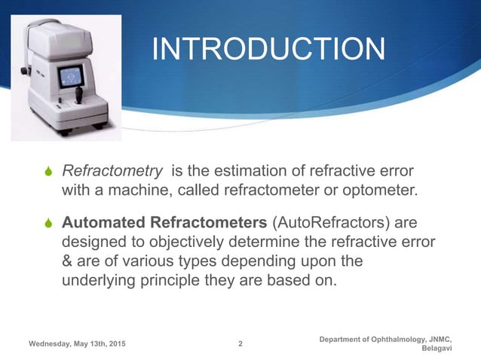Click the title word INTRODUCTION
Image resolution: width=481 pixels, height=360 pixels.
(x=268, y=50)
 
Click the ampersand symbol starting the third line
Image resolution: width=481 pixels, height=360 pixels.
(x=66, y=261)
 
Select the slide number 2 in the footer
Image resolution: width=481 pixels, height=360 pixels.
(x=240, y=344)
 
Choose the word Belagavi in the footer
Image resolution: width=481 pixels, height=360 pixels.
(x=436, y=349)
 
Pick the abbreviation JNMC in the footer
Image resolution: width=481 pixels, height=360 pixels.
(x=440, y=340)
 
